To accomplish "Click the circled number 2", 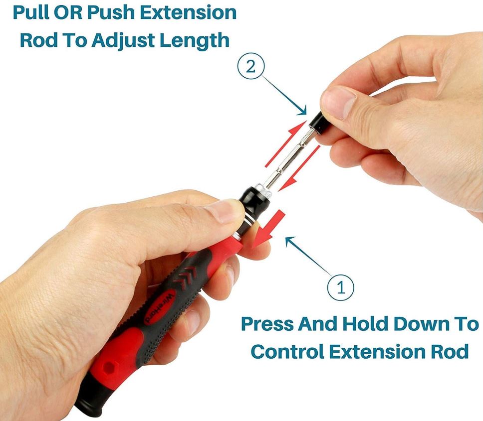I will coord(250,67).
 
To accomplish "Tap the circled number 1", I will coord(341,287).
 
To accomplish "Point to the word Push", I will coord(111,13).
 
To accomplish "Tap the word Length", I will coord(194,40).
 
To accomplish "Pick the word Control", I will coord(283,351).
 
